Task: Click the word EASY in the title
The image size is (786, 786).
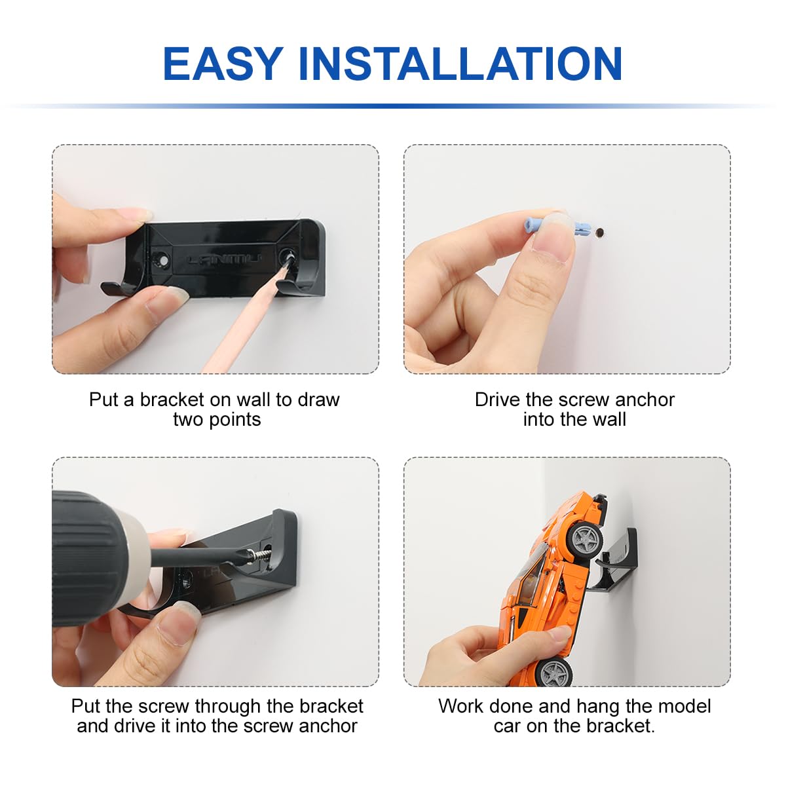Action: click(223, 64)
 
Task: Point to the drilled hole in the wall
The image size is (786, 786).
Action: click(599, 233)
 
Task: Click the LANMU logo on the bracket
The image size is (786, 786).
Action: click(224, 259)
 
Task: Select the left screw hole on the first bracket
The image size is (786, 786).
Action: click(162, 260)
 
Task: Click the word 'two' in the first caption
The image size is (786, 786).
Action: click(189, 420)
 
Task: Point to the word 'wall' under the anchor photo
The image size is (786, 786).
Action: click(609, 419)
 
